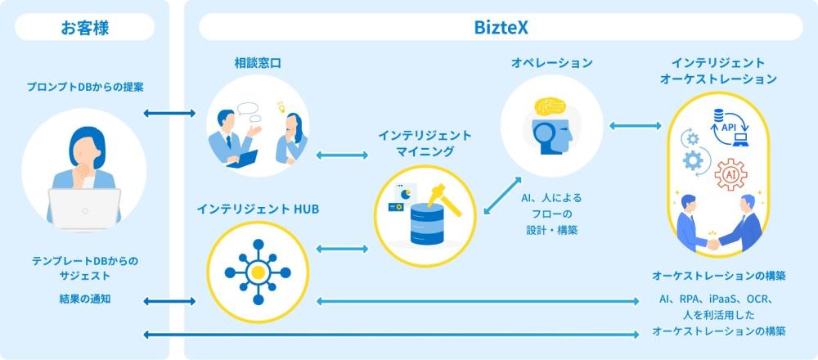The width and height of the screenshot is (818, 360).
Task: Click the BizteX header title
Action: click(x=501, y=27)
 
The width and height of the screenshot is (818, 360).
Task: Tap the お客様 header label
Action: click(x=84, y=27)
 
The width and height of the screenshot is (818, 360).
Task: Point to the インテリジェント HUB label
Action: click(x=258, y=209)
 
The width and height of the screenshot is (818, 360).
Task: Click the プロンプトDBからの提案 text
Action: click(x=85, y=86)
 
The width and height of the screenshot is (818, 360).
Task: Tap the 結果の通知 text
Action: click(x=85, y=299)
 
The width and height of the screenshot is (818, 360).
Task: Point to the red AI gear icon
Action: click(x=730, y=174)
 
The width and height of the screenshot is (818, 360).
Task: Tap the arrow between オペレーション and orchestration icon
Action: click(x=634, y=124)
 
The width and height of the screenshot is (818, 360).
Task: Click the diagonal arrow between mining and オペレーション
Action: click(x=501, y=196)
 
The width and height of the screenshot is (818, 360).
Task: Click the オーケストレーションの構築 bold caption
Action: click(x=719, y=274)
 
